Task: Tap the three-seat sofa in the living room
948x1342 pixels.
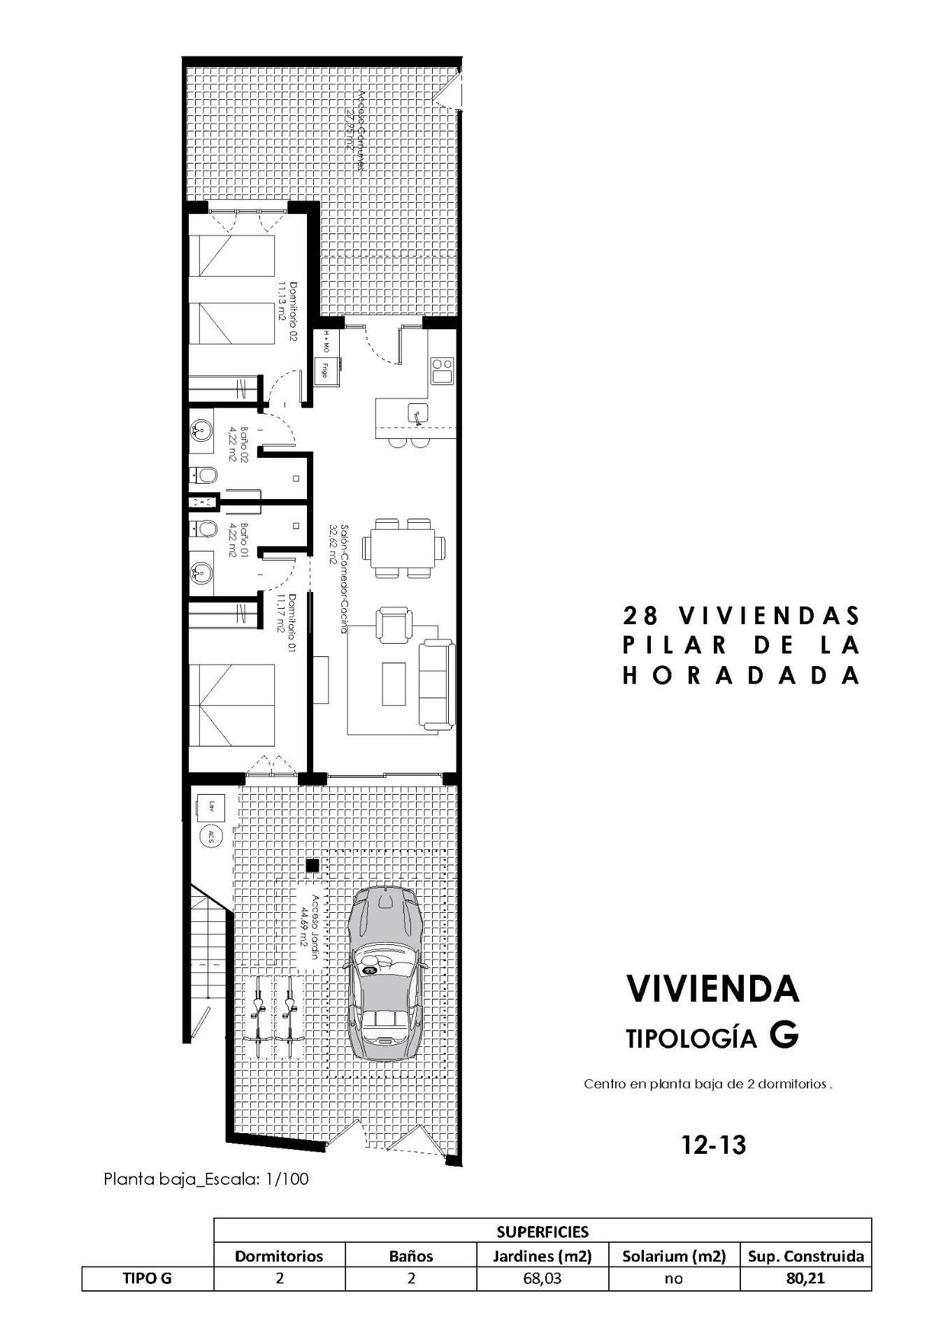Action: [x=436, y=685]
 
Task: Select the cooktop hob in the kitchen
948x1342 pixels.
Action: [x=442, y=370]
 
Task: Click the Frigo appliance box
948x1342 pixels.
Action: [x=324, y=368]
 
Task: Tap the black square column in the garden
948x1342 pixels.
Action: [x=313, y=865]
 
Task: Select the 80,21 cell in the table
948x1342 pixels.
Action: [x=805, y=1279]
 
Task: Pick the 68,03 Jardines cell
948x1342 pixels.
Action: [x=542, y=1279]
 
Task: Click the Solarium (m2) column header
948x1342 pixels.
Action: [x=674, y=1256]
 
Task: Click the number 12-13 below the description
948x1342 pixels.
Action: [x=713, y=1144]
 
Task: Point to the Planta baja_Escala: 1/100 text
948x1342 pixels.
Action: [x=206, y=1179]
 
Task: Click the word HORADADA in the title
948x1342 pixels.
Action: [x=741, y=675]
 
